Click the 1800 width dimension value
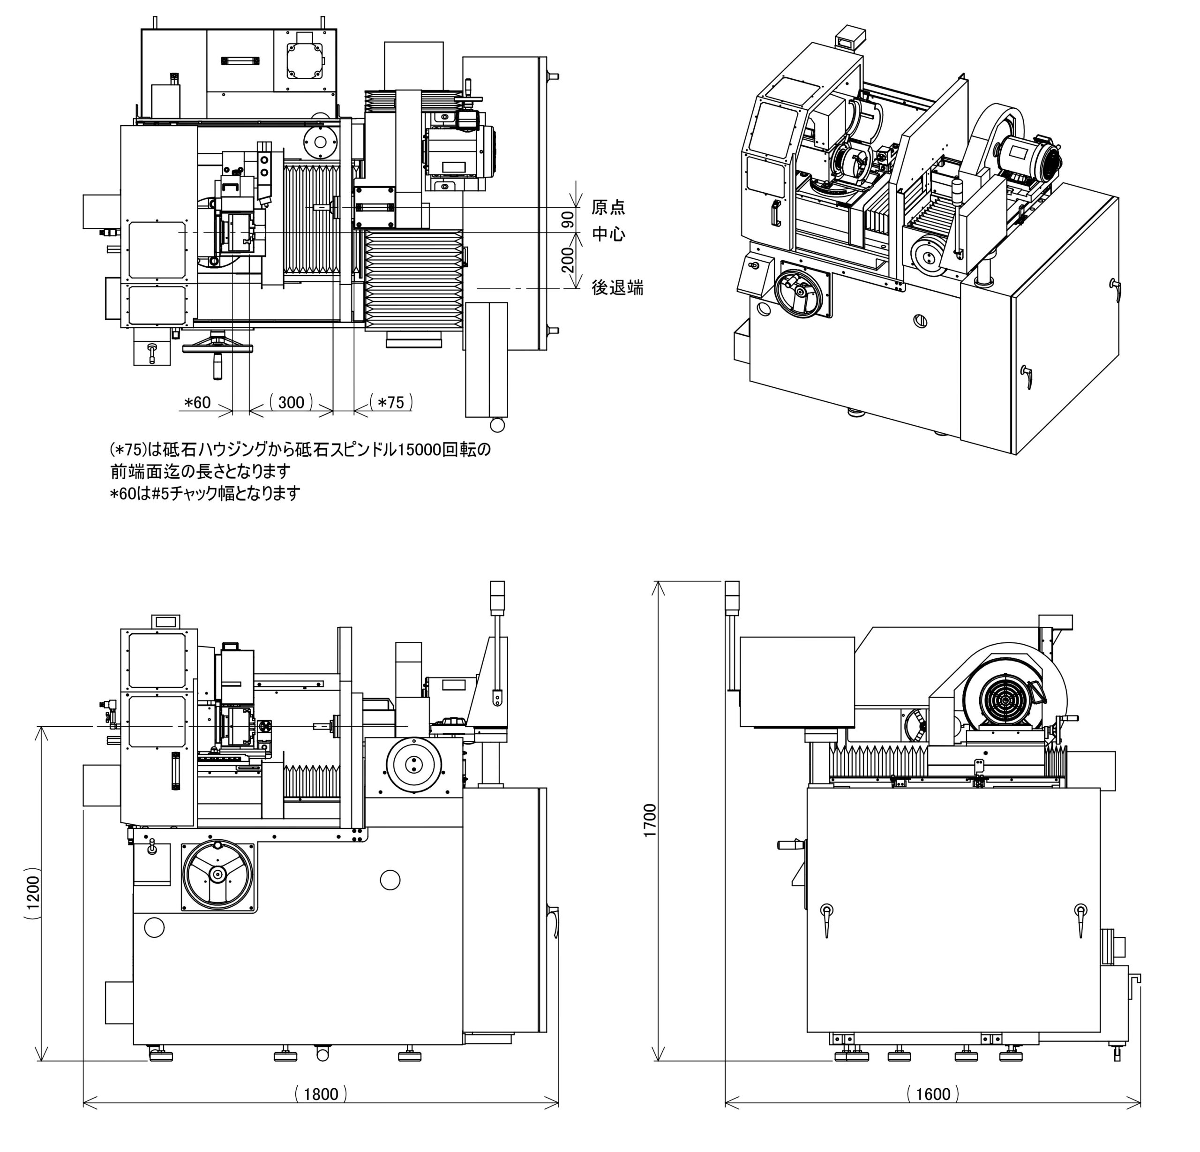pyautogui.click(x=320, y=1093)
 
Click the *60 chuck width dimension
pyautogui.click(x=198, y=402)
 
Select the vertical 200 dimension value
pyautogui.click(x=568, y=260)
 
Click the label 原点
pyautogui.click(x=608, y=207)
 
